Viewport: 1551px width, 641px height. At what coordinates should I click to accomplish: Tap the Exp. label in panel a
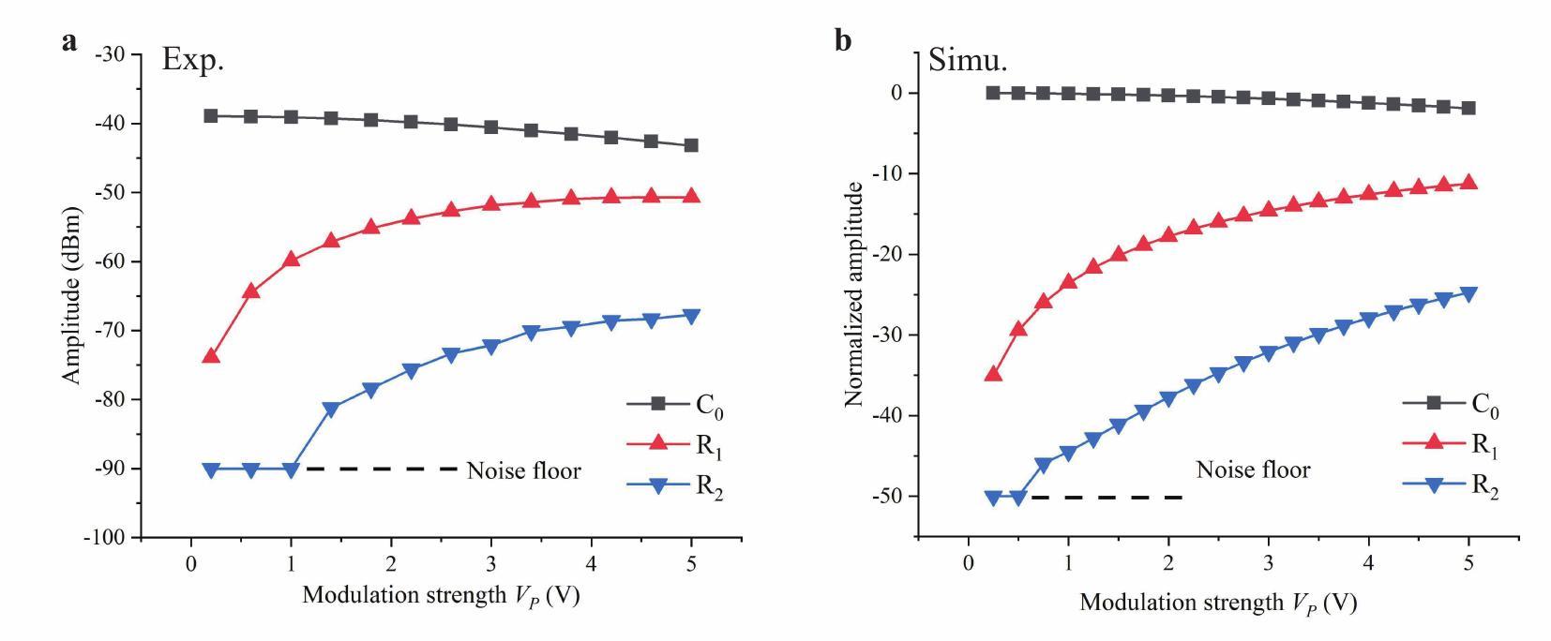193,60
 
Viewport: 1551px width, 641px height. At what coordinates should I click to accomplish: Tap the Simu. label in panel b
968,61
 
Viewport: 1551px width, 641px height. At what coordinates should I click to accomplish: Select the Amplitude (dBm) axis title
73,294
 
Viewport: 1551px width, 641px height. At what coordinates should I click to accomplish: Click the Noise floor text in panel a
523,470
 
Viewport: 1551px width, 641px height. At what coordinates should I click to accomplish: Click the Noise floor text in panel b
1253,470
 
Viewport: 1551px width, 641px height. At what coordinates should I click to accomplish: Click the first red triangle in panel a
211,356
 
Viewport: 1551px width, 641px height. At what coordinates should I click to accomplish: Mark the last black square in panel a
691,145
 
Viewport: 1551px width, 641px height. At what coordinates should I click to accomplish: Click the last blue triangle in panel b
1468,293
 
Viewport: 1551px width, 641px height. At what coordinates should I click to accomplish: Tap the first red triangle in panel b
993,374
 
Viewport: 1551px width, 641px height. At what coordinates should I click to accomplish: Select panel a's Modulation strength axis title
441,595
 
